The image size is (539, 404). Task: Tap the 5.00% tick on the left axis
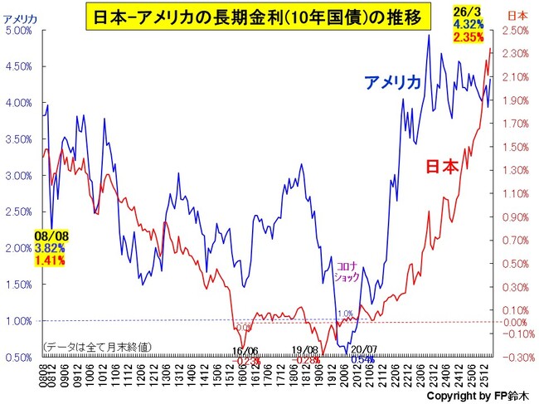19,30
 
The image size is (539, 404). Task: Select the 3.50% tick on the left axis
19,139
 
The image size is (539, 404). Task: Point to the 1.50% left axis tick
19,285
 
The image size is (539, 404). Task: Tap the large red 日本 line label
441,166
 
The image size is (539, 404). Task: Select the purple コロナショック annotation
346,272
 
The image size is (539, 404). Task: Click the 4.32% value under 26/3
463,24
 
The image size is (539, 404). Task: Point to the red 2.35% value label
463,36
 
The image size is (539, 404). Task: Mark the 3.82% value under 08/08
51,248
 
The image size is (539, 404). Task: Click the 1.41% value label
51,260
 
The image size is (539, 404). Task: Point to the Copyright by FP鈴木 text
477,397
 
